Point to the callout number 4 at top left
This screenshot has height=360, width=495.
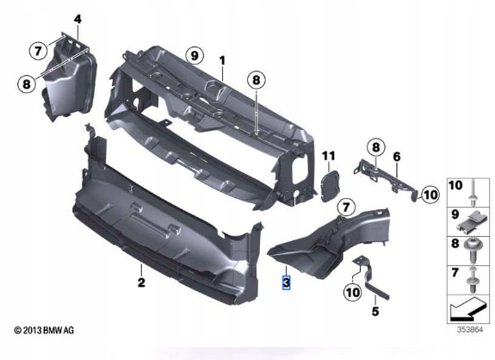coord(77,19)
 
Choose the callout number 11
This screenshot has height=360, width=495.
coord(327,156)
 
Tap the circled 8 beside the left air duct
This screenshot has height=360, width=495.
coord(28,84)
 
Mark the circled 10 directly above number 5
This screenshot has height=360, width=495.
coord(353,293)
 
